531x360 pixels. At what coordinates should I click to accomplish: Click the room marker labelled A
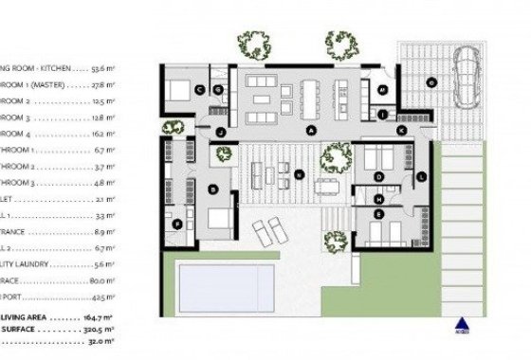point(311,128)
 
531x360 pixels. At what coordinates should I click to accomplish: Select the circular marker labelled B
point(213,190)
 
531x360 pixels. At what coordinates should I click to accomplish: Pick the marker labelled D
point(378,176)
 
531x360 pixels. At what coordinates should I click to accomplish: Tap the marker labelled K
point(400,128)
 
